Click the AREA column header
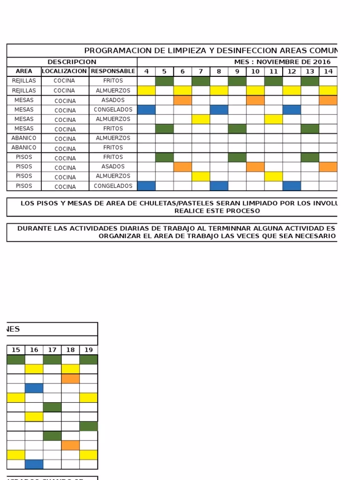click(24, 71)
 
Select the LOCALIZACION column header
click(65, 71)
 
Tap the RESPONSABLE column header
click(112, 71)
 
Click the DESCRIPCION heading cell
click(72, 62)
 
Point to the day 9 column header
click(237, 71)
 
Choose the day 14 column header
click(328, 71)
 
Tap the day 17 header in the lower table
click(52, 350)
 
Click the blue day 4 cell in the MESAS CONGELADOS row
click(146, 110)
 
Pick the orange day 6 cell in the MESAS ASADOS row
click(183, 100)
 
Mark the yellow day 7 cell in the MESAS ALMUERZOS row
click(201, 119)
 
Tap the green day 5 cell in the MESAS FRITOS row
click(165, 128)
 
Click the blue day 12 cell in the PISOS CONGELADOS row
click(292, 186)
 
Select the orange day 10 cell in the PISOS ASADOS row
click(255, 167)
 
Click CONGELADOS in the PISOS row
click(112, 186)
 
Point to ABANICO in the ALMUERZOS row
click(24, 138)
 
